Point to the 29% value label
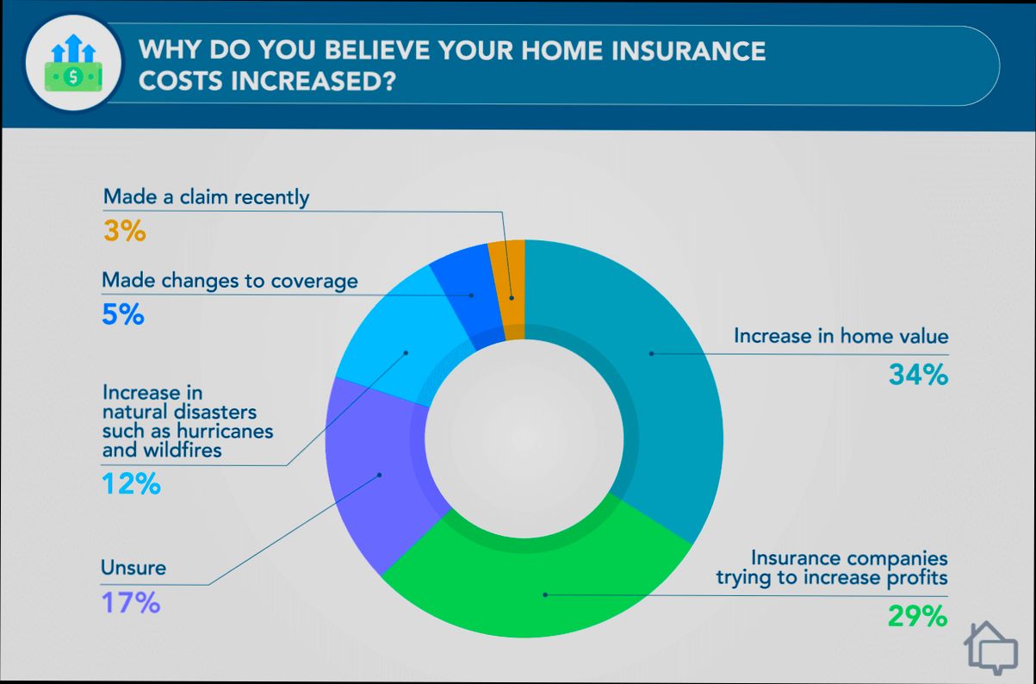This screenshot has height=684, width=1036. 917,616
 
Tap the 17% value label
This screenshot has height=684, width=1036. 131,602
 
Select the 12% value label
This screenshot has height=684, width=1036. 131,484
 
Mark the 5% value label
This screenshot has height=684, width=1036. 122,314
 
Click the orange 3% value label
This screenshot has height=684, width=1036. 124,231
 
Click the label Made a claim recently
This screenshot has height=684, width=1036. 206,197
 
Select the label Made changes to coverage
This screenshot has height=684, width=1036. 229,281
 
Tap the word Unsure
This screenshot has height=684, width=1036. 133,568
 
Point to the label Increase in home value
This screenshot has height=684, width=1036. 841,336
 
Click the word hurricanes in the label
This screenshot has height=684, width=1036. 227,431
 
